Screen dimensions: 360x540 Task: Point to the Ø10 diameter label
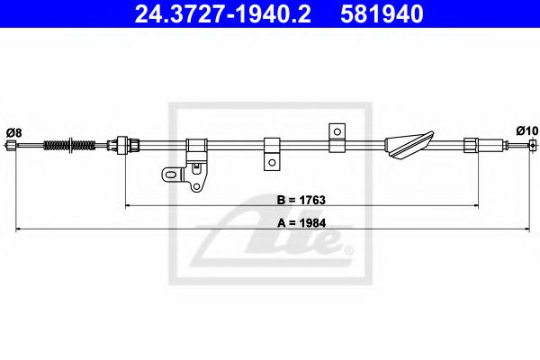click(526, 131)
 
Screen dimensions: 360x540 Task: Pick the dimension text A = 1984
click(301, 220)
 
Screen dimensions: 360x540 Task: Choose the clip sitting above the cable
click(337, 133)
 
